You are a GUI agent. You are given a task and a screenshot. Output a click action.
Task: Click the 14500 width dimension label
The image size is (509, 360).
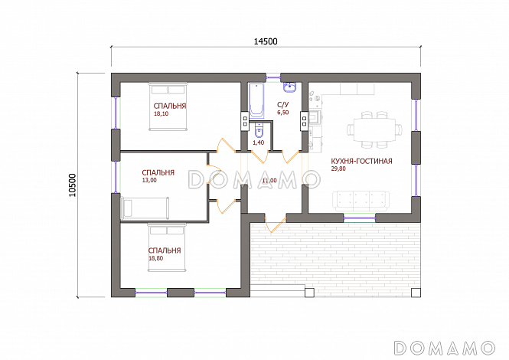point(266,41)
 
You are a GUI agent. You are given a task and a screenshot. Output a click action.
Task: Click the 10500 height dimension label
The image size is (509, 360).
point(72,185)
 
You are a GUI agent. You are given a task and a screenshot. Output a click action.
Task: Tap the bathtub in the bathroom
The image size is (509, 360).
point(256,100)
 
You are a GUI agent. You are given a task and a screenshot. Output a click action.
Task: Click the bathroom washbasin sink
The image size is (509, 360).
point(290,87)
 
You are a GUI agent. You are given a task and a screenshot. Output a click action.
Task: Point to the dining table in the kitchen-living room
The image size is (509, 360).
point(374,129)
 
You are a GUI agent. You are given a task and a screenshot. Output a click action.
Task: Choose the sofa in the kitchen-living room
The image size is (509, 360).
point(361,201)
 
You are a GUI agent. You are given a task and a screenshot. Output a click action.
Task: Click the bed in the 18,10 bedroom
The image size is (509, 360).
point(168,106)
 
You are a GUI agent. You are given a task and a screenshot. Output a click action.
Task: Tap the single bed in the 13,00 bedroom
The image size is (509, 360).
point(145,208)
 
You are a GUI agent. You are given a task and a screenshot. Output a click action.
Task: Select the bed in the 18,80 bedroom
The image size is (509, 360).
point(167,247)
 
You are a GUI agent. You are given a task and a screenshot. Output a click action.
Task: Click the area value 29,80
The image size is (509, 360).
point(338,169)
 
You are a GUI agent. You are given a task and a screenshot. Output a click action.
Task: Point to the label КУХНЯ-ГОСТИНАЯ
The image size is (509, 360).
point(361,161)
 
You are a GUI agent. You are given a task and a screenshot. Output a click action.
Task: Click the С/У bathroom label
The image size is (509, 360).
point(282,105)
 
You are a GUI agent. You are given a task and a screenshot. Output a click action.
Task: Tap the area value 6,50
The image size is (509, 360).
point(282,113)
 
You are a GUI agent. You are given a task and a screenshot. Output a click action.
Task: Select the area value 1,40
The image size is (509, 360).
point(259,142)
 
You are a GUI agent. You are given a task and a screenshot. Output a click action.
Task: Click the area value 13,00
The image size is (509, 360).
point(149,180)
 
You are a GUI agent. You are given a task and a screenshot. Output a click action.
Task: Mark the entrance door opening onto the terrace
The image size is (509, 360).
point(275,224)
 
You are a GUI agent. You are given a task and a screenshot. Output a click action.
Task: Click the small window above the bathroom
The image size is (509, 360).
point(272,77)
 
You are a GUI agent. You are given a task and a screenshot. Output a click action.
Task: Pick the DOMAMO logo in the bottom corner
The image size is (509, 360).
point(445,348)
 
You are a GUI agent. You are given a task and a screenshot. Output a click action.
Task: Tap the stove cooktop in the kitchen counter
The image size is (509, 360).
point(315,118)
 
